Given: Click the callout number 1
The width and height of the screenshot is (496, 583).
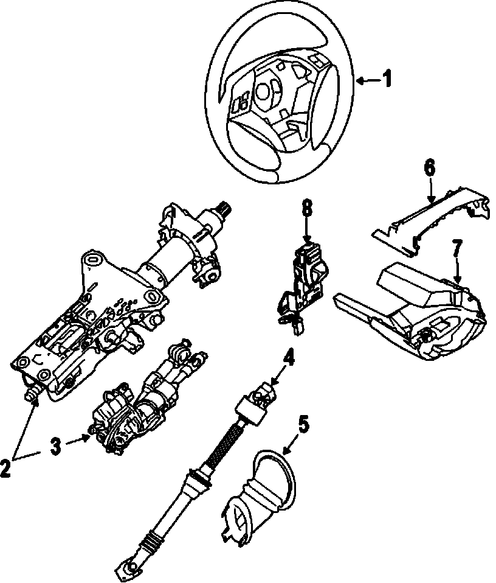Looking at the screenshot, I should (386, 80).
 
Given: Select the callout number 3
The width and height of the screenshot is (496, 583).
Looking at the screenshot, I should (55, 447).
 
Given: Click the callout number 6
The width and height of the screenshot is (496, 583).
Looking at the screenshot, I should (430, 167).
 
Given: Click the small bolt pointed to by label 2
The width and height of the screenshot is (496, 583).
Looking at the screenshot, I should (32, 395).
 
